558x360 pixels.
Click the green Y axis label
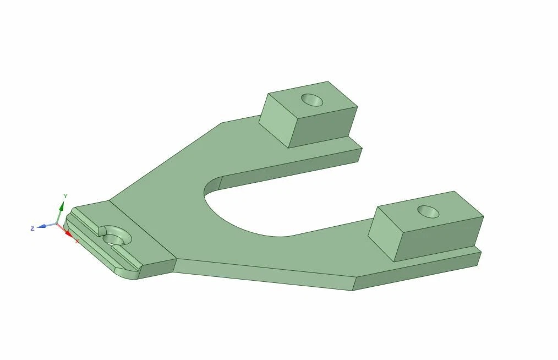coord(65,196)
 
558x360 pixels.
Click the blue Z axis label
coord(32,228)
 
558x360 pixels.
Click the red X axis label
coord(77,241)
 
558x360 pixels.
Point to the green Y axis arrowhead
coord(62,206)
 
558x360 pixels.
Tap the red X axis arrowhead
coord(69,233)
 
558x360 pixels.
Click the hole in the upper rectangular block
coord(312,100)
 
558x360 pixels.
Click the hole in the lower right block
coord(428,212)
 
